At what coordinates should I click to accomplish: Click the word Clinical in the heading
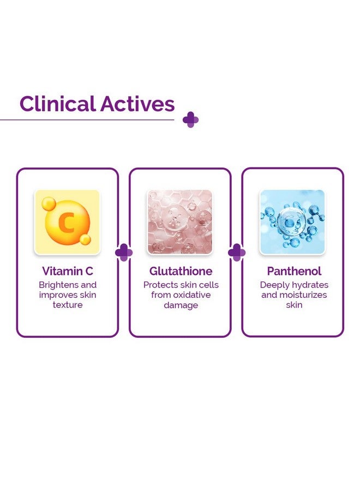[x=57, y=104]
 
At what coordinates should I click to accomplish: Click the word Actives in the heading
[x=137, y=104]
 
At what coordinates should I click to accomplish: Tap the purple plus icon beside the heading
[x=191, y=119]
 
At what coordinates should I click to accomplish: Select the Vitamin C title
[x=68, y=271]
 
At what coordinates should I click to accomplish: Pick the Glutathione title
[x=181, y=271]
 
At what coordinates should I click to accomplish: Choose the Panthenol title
[x=294, y=271]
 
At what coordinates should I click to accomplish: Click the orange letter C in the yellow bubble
[x=67, y=223]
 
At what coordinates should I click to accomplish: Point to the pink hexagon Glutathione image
[x=179, y=222]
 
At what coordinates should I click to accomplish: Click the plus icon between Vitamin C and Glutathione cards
[x=124, y=253]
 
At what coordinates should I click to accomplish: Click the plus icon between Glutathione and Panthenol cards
[x=237, y=253]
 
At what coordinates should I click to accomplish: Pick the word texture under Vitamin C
[x=68, y=304]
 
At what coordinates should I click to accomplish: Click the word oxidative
[x=192, y=295]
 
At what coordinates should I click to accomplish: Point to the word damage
[x=181, y=306]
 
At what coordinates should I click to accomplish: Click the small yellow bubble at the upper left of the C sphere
[x=49, y=204]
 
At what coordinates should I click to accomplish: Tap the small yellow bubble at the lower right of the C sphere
[x=85, y=239]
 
